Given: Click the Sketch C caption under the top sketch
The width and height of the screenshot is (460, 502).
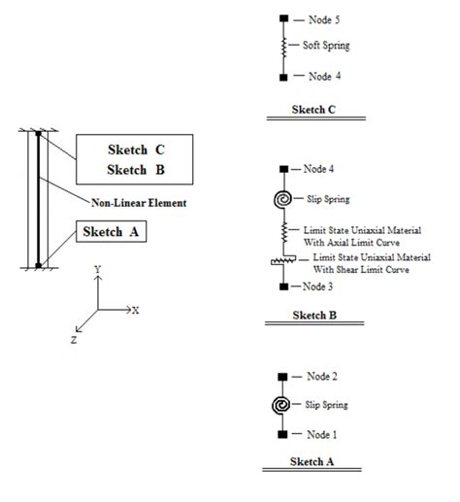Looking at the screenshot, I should [312, 109].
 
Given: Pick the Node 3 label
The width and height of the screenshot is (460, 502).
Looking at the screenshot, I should [317, 287].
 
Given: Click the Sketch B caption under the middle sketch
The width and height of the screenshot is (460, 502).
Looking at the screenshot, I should [312, 316].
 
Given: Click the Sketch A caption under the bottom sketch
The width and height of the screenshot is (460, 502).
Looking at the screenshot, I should [312, 463].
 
